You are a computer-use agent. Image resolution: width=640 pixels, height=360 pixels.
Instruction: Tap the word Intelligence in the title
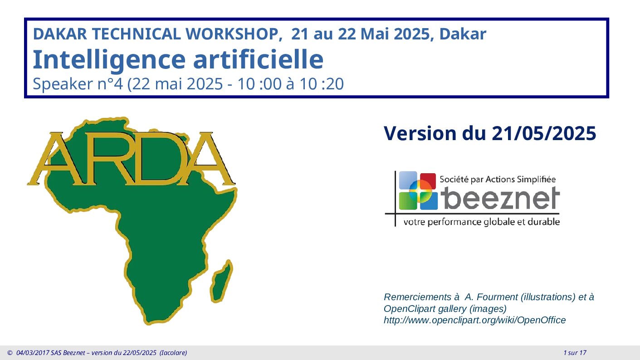tap(109, 60)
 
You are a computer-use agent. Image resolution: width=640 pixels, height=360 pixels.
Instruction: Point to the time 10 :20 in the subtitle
tap(322, 84)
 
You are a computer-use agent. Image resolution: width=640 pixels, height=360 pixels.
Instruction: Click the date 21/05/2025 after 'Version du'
tap(544, 133)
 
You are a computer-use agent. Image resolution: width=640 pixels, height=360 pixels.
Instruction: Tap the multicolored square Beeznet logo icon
tap(418, 190)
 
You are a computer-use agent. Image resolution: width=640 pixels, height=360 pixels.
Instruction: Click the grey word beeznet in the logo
tap(500, 198)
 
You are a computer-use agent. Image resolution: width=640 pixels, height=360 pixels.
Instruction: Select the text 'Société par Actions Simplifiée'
tap(498, 180)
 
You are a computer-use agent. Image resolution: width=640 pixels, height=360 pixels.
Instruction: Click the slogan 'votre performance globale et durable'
tap(481, 222)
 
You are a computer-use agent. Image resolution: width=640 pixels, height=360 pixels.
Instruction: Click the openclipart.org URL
tap(474, 320)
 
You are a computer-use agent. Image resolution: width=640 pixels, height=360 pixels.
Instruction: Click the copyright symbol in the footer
tap(10, 353)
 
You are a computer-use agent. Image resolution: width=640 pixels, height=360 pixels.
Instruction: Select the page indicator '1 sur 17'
tap(575, 353)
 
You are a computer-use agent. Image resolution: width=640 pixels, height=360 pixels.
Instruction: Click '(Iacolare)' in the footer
tap(173, 353)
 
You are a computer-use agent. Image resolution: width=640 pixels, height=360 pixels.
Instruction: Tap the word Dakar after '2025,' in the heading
tap(463, 34)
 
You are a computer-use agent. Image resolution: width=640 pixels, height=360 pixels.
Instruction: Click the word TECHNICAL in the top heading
tap(136, 34)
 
